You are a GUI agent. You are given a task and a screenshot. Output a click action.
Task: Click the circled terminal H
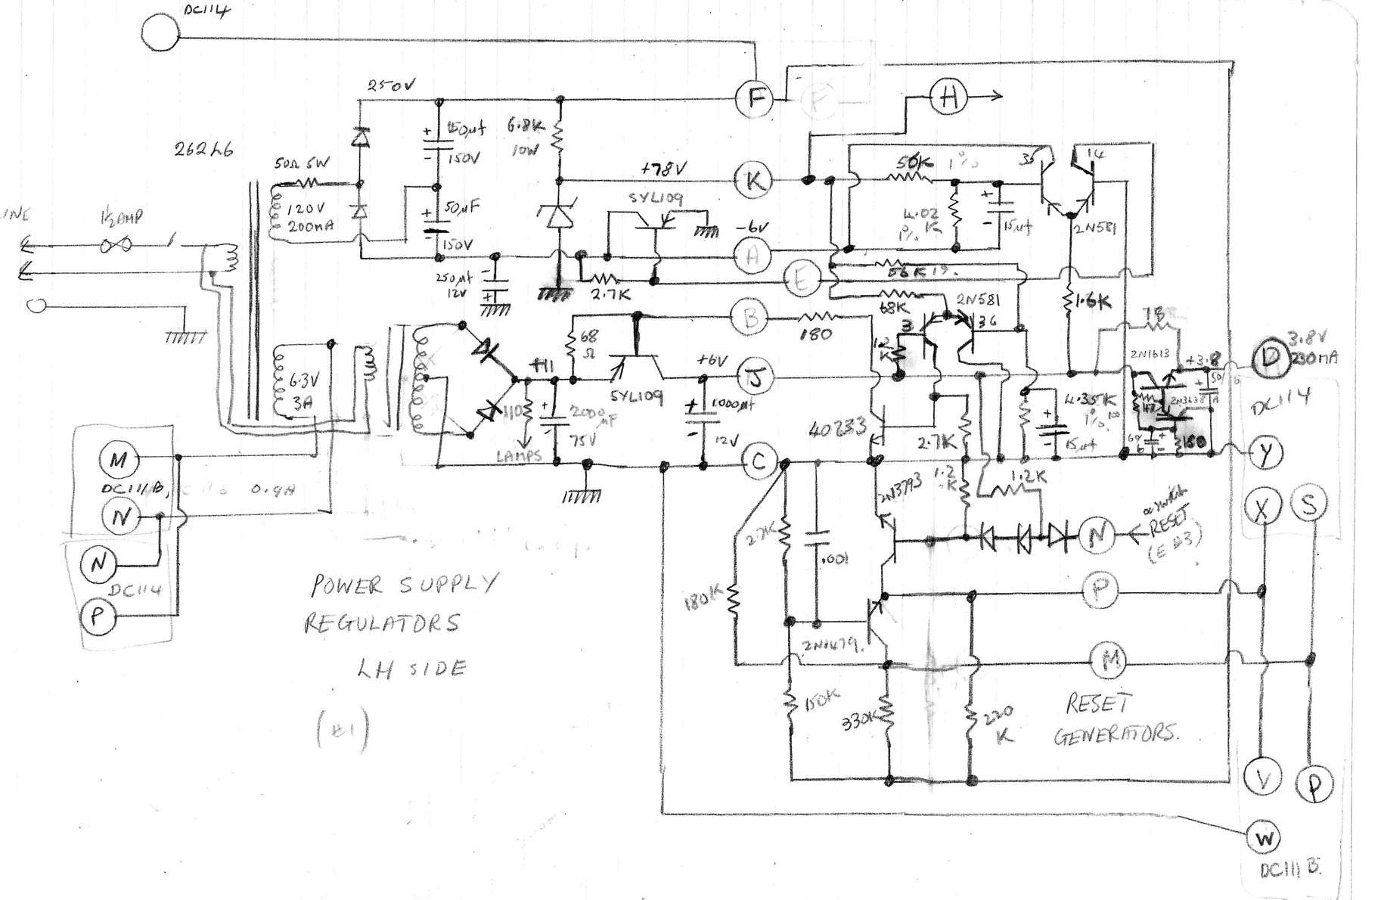click(x=948, y=97)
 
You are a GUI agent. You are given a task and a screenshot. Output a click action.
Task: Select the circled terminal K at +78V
click(x=753, y=180)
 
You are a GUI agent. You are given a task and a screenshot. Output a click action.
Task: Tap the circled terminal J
click(x=753, y=376)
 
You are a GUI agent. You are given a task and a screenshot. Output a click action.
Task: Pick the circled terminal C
click(x=759, y=461)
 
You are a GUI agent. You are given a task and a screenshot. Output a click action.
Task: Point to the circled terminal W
click(x=1264, y=838)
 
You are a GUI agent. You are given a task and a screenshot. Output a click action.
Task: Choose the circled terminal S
click(x=1308, y=504)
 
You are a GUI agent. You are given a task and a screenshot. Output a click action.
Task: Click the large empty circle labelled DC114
click(x=160, y=33)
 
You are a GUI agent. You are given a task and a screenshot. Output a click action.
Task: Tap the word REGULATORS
click(x=382, y=623)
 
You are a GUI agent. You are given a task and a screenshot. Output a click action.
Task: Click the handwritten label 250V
click(x=391, y=85)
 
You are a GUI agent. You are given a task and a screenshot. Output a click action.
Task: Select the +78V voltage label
click(x=663, y=169)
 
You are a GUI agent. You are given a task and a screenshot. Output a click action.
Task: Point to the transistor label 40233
click(x=837, y=429)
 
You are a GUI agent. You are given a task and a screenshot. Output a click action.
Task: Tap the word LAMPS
click(x=520, y=456)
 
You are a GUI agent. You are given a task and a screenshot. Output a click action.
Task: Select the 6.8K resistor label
click(x=526, y=126)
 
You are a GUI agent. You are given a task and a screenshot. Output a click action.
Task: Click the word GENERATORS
click(x=1116, y=734)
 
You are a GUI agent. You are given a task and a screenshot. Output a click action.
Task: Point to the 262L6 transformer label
click(x=203, y=149)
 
